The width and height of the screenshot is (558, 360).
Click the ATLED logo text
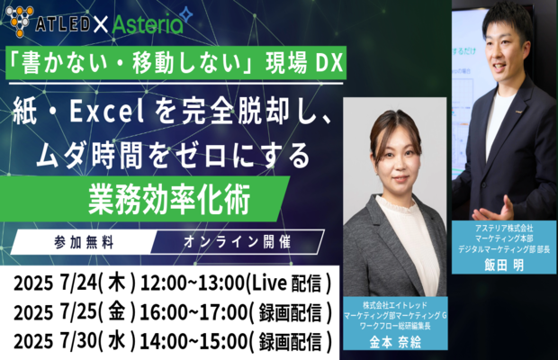tap(63, 23)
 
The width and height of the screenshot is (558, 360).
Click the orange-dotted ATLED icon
tap(20, 22)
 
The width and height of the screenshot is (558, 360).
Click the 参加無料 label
tap(84, 243)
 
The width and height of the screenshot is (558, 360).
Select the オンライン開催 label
tap(238, 242)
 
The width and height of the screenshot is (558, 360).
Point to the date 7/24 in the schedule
tap(79, 283)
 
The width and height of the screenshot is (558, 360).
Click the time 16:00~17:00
tap(193, 312)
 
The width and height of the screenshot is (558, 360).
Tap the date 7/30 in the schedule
tap(79, 341)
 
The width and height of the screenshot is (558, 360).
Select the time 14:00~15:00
tap(193, 341)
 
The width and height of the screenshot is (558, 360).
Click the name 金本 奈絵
tap(395, 342)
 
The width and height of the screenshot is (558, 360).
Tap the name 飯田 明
tap(504, 265)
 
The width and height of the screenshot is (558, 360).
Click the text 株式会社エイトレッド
tap(395, 305)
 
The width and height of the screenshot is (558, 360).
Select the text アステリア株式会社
tap(504, 228)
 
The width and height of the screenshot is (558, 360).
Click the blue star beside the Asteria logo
tap(186, 15)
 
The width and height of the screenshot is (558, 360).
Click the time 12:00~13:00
tap(193, 283)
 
